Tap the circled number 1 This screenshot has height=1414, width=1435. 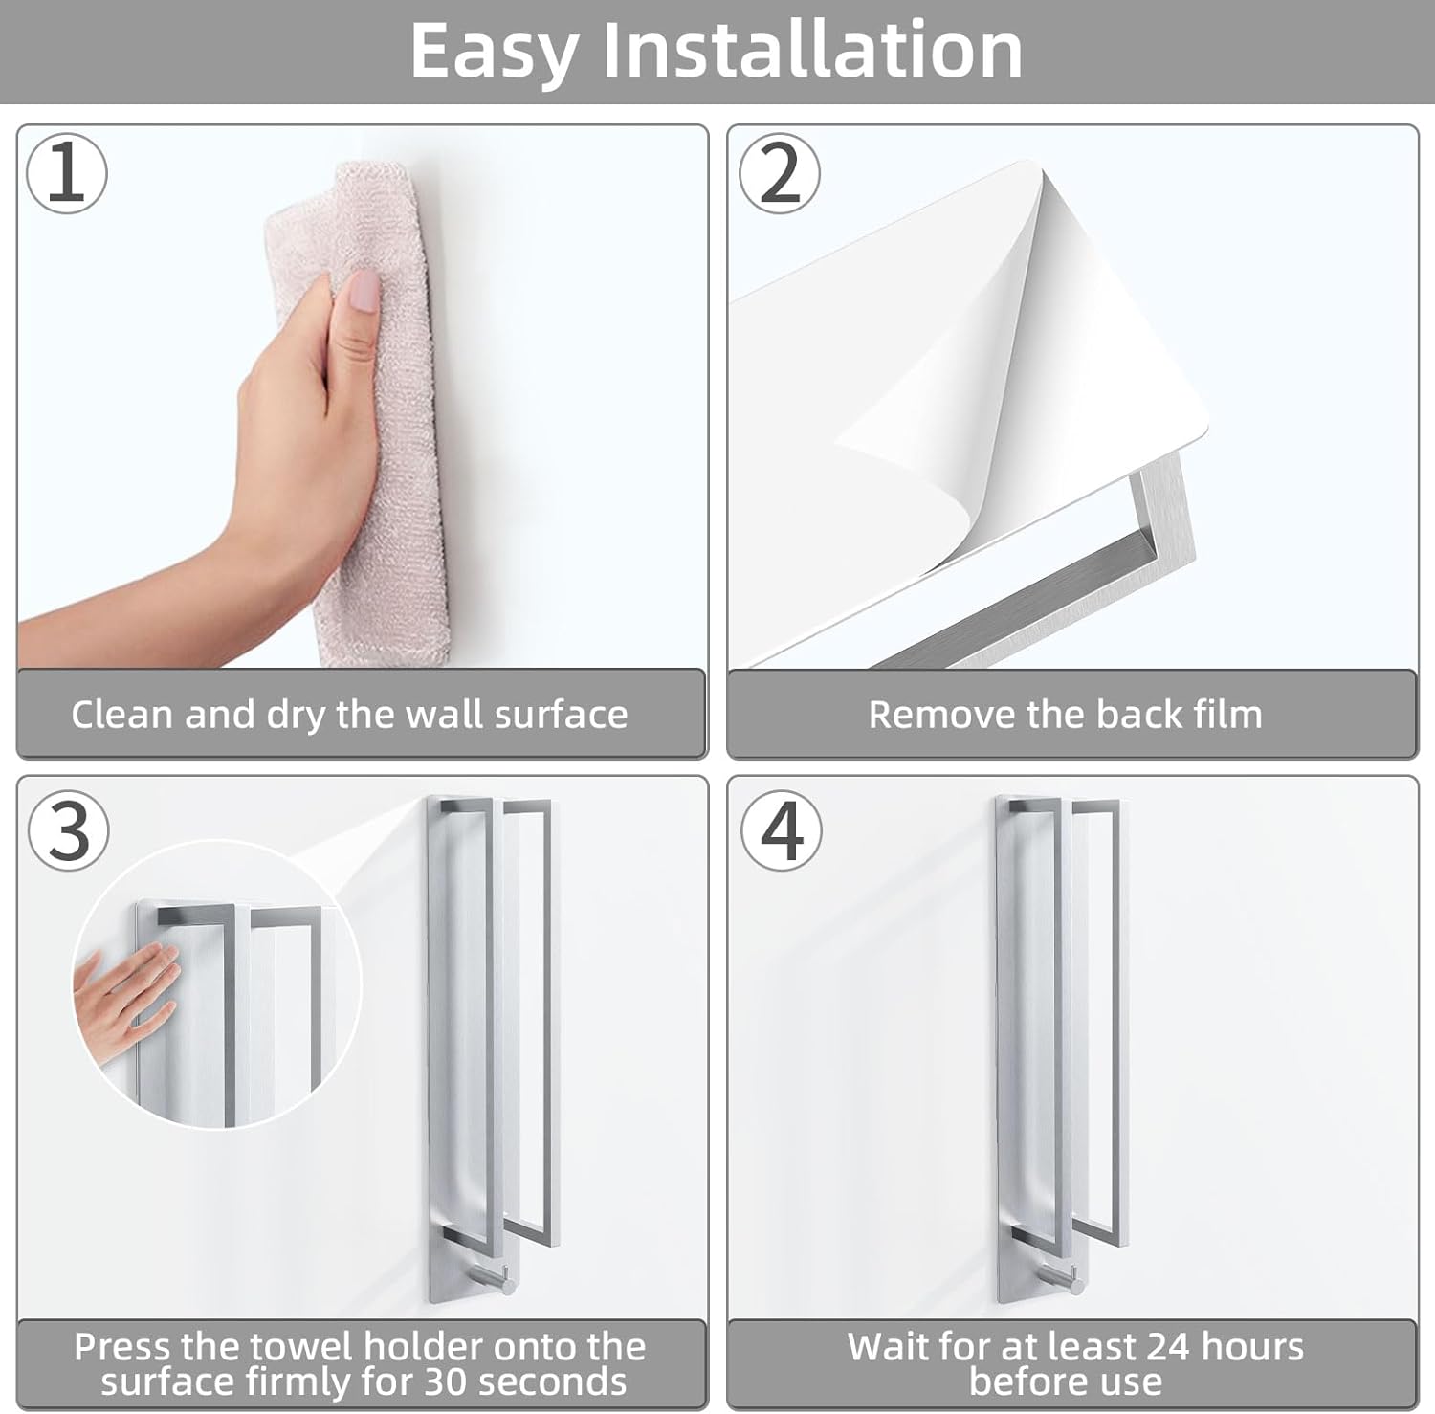(67, 173)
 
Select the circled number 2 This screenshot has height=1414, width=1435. (780, 173)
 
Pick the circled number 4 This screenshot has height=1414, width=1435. (782, 829)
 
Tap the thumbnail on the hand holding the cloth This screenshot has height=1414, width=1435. (364, 290)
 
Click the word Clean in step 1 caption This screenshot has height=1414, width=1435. (122, 715)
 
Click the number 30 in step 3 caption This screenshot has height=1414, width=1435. (446, 1381)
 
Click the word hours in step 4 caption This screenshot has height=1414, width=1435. (1252, 1347)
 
